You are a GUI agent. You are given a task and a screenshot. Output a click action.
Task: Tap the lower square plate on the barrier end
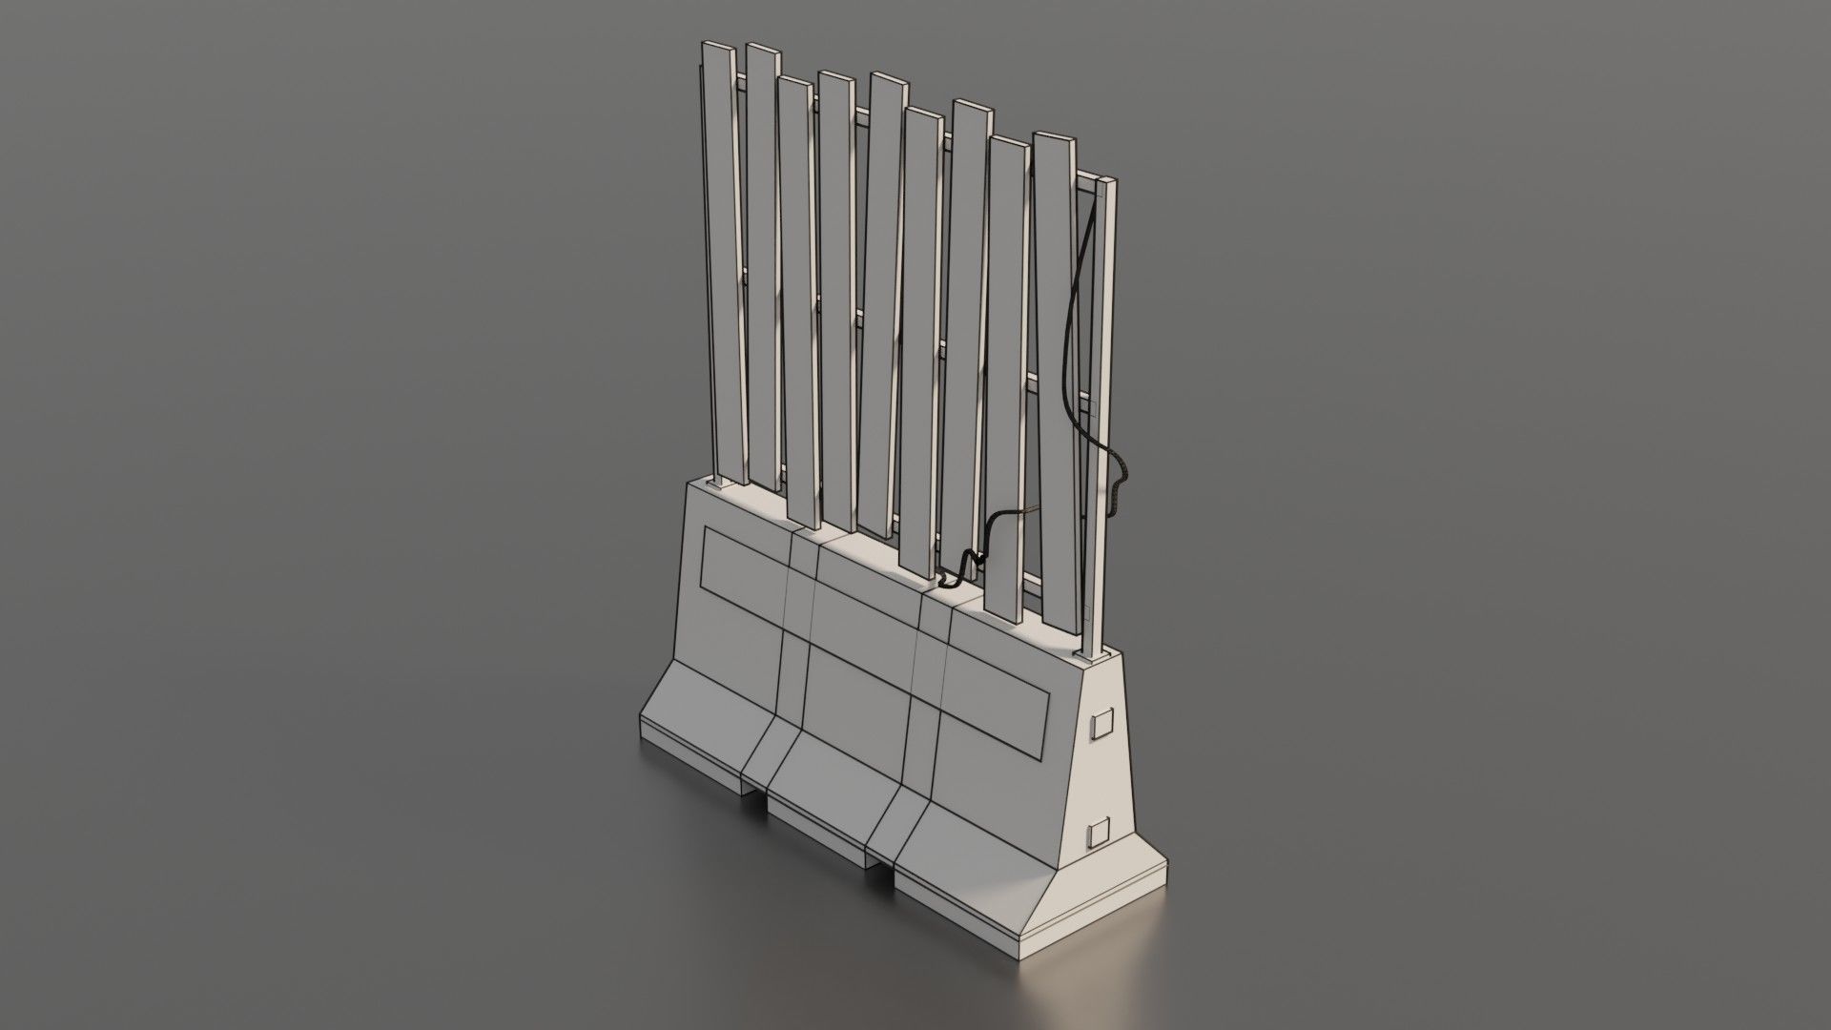1100,834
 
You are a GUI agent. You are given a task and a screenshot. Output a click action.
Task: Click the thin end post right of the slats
1104,410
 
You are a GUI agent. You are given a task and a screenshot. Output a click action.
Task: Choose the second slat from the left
763,267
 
